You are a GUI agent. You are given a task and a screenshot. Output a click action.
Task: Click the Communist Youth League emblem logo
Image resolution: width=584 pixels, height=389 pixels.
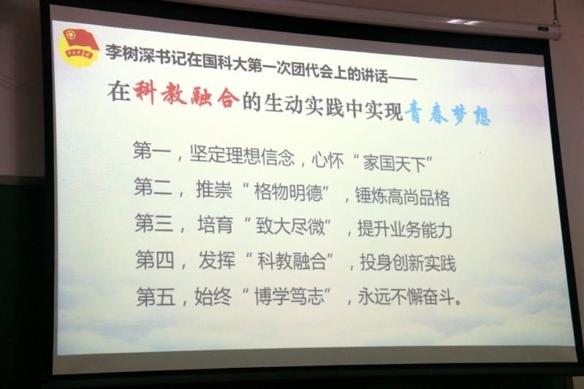tap(79, 47)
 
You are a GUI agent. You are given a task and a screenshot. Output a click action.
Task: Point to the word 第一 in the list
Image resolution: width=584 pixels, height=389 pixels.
tap(152, 150)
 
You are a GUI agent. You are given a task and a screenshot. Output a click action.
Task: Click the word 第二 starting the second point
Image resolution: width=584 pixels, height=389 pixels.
tap(153, 187)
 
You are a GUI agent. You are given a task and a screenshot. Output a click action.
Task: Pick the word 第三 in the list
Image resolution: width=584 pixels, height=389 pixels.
tap(153, 223)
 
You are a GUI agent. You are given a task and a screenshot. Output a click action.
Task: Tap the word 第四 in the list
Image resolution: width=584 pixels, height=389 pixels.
tap(155, 259)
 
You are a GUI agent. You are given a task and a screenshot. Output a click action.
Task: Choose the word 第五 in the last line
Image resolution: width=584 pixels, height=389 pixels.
tap(156, 296)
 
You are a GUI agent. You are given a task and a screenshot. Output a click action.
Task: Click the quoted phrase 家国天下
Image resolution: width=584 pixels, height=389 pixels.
tap(395, 163)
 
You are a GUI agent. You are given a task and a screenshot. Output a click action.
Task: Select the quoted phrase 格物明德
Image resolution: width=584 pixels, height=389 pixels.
tap(288, 192)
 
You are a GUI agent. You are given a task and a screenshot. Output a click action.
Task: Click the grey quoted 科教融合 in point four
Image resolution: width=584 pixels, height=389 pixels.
tap(292, 261)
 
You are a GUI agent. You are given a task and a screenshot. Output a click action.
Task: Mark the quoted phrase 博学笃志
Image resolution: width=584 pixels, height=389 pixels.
tap(289, 297)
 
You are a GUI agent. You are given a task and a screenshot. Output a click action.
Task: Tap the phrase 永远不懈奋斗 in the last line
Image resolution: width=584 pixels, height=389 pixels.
tap(406, 297)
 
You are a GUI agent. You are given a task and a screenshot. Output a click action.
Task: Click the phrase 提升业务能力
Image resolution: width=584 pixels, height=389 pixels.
tap(405, 229)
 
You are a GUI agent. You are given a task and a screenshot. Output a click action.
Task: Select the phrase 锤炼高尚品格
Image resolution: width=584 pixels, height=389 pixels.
tap(402, 197)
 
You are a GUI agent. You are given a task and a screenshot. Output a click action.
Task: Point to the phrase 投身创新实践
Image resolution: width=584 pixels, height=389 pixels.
tap(408, 263)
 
